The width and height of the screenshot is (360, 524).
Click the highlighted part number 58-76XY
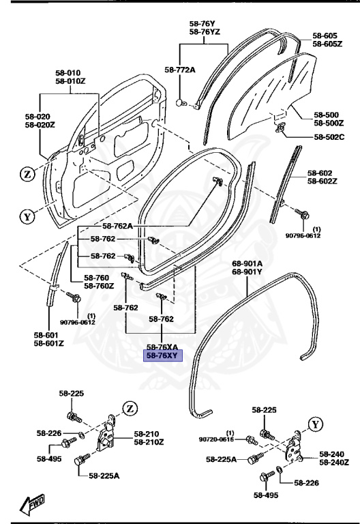pos(158,355)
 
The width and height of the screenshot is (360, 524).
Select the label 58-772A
pos(179,70)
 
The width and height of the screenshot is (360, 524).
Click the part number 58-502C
pos(328,136)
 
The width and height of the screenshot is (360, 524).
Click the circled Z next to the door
pos(27,174)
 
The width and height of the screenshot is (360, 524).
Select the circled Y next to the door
pos(27,218)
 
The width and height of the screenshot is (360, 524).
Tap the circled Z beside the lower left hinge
pos(129,408)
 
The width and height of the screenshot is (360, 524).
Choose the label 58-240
pos(334,454)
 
